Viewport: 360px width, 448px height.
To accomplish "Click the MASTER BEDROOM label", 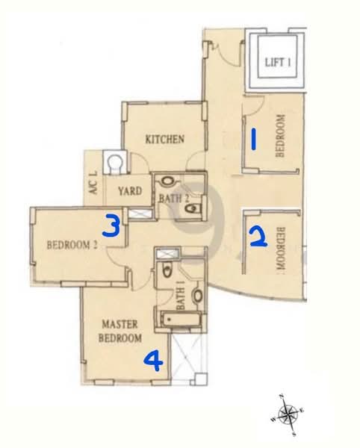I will click(122, 332).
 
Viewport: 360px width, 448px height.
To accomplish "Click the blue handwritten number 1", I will click(255, 140).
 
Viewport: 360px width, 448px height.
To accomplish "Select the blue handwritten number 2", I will click(257, 237).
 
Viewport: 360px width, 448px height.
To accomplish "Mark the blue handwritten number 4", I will click(152, 362).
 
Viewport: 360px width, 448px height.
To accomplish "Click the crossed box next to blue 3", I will click(139, 214).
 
